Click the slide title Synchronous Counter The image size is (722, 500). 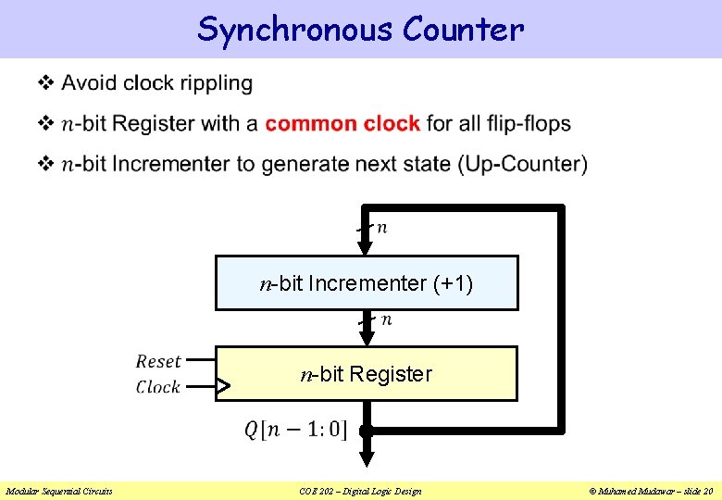(360, 30)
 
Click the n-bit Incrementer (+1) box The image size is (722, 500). (367, 282)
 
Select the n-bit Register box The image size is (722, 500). (367, 374)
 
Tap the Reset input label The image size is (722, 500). (158, 361)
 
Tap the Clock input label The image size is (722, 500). (158, 387)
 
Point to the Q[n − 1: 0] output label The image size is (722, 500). (295, 430)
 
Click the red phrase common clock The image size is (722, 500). (342, 124)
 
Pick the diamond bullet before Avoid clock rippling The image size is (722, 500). (44, 83)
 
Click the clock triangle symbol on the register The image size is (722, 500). (223, 387)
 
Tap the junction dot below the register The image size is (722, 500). (367, 431)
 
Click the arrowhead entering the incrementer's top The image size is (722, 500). (367, 245)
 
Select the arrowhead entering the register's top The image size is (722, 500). (367, 337)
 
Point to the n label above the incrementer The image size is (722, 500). (382, 228)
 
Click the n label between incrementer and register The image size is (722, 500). (386, 319)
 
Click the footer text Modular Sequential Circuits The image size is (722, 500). (59, 491)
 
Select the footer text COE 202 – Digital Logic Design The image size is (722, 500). (361, 491)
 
